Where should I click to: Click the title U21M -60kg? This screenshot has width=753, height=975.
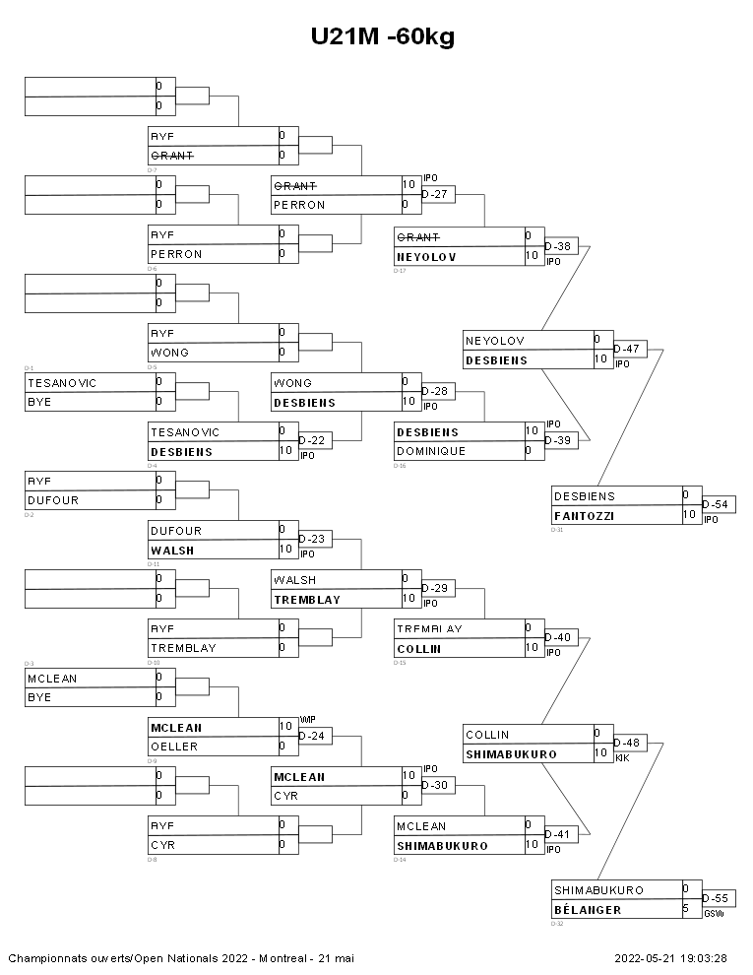point(382,37)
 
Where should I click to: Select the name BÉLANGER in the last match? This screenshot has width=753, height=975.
point(588,910)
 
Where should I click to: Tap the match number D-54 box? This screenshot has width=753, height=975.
point(720,504)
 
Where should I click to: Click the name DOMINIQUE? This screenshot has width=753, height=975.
point(431,451)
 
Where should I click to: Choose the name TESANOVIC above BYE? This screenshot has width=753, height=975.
point(62,382)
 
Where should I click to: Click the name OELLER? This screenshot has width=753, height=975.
point(174,747)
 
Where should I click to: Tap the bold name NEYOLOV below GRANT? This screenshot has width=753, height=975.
point(426,257)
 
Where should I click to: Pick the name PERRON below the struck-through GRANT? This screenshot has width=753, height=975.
point(299,205)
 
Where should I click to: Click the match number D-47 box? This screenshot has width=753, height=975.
point(630,349)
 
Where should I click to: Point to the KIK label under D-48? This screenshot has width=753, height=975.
point(622,758)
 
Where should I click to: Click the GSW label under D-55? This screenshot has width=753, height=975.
point(714,914)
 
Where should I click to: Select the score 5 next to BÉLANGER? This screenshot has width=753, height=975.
point(685,910)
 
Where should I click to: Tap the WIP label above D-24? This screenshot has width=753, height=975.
point(306,720)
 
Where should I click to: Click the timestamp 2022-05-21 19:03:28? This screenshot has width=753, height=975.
point(670,957)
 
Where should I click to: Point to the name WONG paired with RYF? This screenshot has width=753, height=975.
point(170,353)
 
